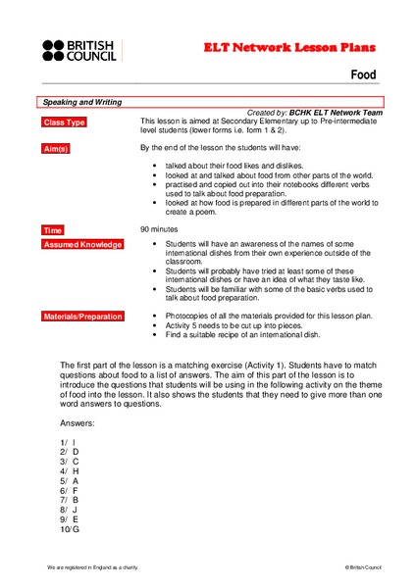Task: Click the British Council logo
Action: pos(78,50)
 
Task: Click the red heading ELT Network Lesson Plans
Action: pos(289,46)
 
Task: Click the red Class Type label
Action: pos(65,122)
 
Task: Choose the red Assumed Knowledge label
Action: pos(81,244)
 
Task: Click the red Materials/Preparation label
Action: pos(82,317)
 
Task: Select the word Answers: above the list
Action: pos(78,422)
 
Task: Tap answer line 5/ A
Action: pos(68,481)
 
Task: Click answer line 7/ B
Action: pos(68,501)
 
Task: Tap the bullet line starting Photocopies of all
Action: pos(270,317)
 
